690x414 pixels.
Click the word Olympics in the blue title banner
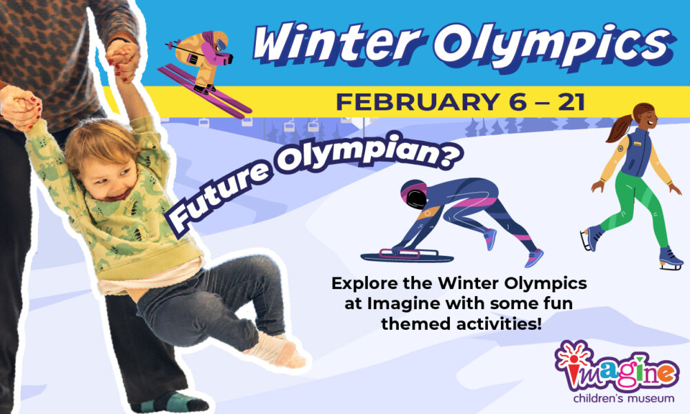pyautogui.click(x=555, y=46)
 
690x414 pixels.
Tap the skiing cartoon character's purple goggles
pyautogui.click(x=221, y=44)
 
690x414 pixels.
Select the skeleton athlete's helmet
pyautogui.click(x=413, y=194)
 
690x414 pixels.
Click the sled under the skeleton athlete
pyautogui.click(x=406, y=255)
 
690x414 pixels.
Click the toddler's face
pyautogui.click(x=109, y=177)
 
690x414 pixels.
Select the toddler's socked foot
pyautogui.click(x=276, y=351)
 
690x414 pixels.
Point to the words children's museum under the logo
pyautogui.click(x=624, y=399)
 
